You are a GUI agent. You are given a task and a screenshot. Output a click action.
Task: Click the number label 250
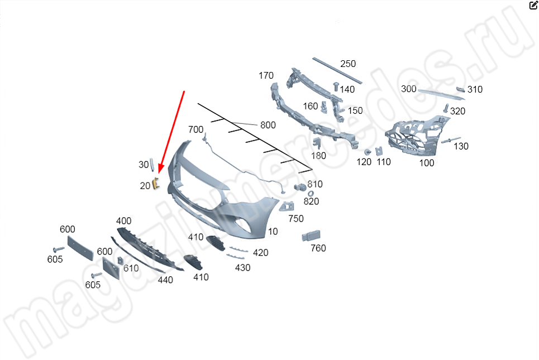348,64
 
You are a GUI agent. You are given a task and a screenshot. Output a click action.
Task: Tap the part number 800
268,125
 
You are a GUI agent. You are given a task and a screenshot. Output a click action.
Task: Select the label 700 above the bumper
195,129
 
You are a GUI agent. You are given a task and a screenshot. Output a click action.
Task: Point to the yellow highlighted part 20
156,183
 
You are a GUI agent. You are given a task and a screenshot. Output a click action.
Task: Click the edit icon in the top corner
533,5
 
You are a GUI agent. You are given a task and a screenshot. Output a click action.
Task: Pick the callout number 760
318,248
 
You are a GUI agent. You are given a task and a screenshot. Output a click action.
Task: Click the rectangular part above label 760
311,236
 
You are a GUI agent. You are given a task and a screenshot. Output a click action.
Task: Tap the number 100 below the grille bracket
427,163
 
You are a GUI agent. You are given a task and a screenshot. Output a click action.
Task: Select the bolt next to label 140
336,87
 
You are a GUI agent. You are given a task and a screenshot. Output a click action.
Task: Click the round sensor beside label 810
300,188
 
